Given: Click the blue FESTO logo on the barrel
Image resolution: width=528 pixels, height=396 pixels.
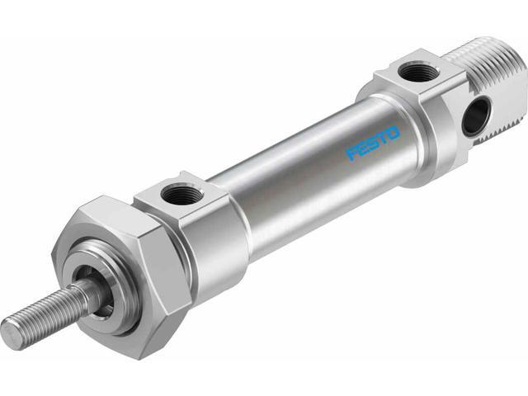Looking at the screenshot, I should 372,143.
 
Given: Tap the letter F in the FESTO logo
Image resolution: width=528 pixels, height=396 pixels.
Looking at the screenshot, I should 352,153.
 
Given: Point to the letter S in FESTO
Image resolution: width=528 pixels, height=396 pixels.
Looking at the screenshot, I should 372,143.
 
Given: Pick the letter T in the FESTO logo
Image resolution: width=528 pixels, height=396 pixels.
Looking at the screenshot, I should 382,138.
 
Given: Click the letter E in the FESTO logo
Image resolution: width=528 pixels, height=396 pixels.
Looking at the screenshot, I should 362,148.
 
